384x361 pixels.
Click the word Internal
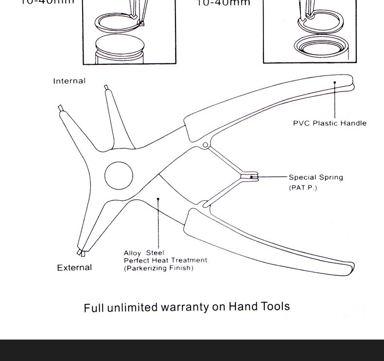click(69, 81)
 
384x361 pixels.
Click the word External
click(74, 267)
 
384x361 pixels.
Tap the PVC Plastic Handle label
click(330, 123)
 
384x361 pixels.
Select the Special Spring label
click(316, 177)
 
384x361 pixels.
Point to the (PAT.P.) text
click(303, 188)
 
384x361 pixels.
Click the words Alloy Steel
click(144, 253)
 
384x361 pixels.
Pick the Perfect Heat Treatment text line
click(165, 260)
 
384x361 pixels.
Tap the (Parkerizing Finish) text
click(158, 268)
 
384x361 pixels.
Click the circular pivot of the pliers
click(119, 175)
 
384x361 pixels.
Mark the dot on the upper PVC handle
click(335, 83)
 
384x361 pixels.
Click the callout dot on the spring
click(251, 177)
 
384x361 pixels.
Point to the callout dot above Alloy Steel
click(158, 199)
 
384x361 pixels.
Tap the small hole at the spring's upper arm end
click(205, 145)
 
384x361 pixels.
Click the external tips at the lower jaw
click(81, 252)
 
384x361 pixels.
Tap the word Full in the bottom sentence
click(94, 308)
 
